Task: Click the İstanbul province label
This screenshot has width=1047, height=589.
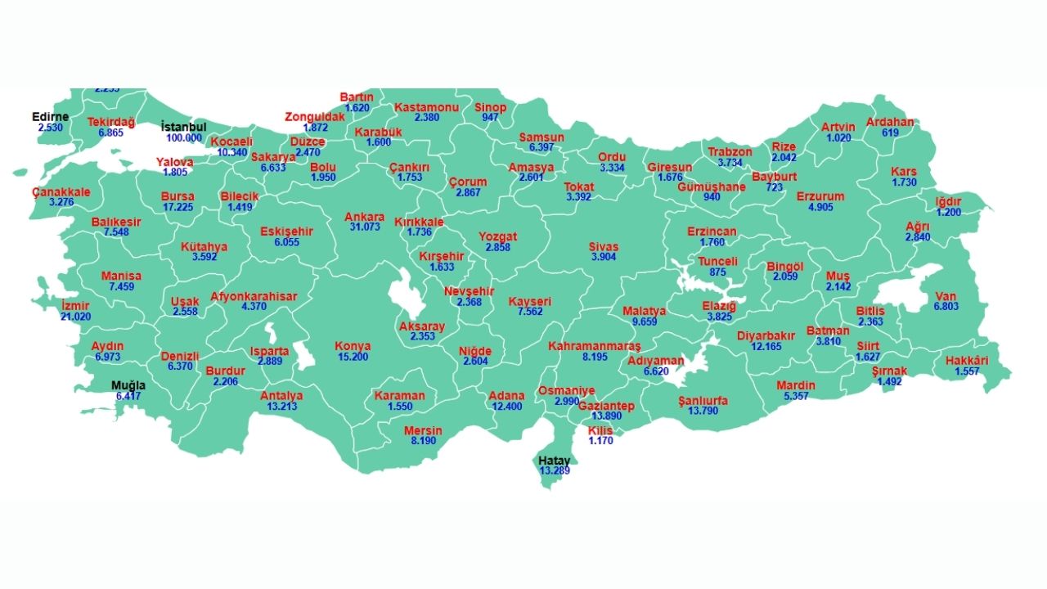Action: tap(183, 128)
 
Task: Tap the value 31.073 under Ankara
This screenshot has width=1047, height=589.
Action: tap(365, 227)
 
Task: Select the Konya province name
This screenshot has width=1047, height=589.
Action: tap(353, 346)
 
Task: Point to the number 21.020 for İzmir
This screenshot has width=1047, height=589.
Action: tap(75, 317)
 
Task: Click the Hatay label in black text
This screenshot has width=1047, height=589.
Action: tap(554, 461)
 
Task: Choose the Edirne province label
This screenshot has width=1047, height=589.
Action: tap(50, 117)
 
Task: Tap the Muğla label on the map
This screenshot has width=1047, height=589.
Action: tap(128, 385)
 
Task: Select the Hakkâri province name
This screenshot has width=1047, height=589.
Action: tap(967, 361)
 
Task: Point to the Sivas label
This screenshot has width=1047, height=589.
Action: tap(604, 246)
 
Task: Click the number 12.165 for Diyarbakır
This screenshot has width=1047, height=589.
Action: tap(766, 347)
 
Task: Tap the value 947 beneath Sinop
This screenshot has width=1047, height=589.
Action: tap(490, 118)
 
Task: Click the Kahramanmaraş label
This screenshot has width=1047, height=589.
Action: tap(595, 346)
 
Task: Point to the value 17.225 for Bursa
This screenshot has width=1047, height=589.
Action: tap(177, 208)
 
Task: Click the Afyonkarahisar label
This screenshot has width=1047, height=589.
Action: tap(254, 296)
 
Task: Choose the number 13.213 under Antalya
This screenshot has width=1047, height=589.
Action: tap(281, 407)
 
